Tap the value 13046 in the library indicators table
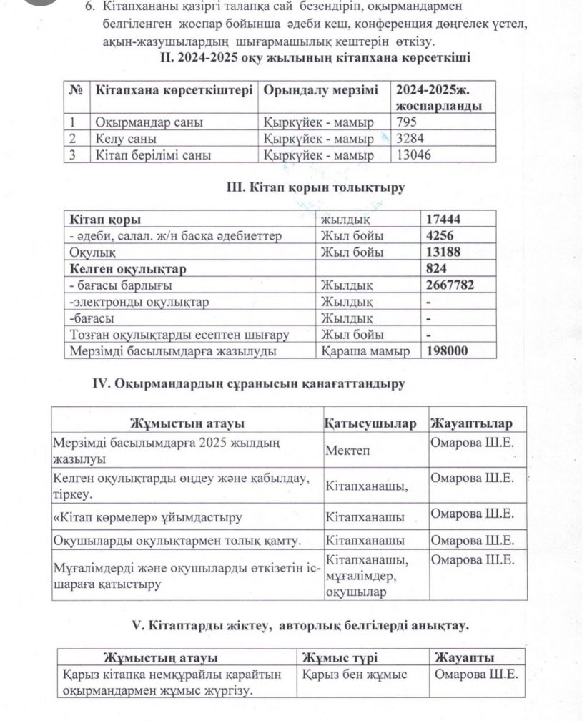pyautogui.click(x=414, y=154)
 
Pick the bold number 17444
pyautogui.click(x=445, y=220)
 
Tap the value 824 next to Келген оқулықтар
pyautogui.click(x=437, y=269)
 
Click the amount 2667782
pyautogui.click(x=450, y=285)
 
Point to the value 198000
pyautogui.click(x=448, y=351)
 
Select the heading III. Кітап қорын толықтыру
pyautogui.click(x=315, y=188)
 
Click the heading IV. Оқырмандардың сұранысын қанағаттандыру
pyautogui.click(x=249, y=384)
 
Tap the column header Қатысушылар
pyautogui.click(x=370, y=423)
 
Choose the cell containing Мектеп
pyautogui.click(x=348, y=451)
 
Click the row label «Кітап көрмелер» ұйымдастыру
pyautogui.click(x=147, y=516)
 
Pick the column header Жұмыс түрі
pyautogui.click(x=340, y=658)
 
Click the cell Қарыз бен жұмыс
pyautogui.click(x=355, y=675)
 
